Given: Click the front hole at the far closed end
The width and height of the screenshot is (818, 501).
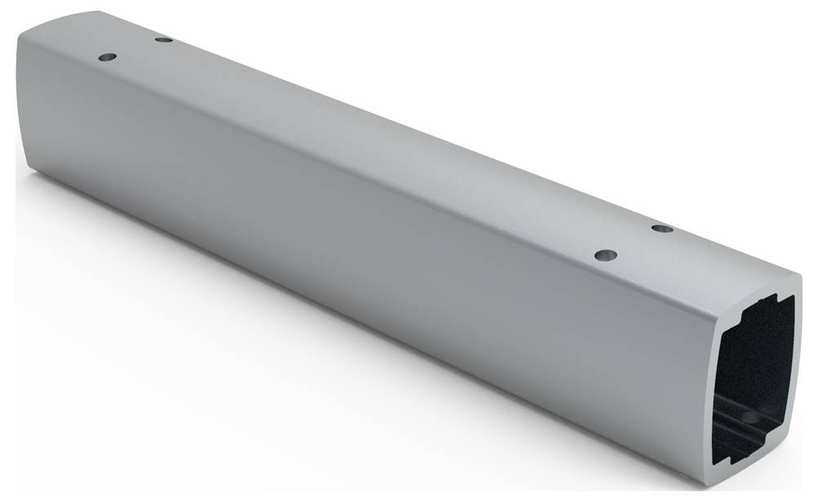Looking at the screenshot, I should click(x=107, y=58).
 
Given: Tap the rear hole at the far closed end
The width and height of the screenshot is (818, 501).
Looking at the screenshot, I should click(x=164, y=38).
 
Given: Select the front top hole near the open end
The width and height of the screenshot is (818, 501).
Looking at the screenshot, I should click(x=604, y=255).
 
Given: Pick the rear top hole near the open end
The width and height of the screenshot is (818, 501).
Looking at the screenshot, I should click(x=663, y=228).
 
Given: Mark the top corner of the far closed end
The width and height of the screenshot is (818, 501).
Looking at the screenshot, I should click(x=24, y=29).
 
